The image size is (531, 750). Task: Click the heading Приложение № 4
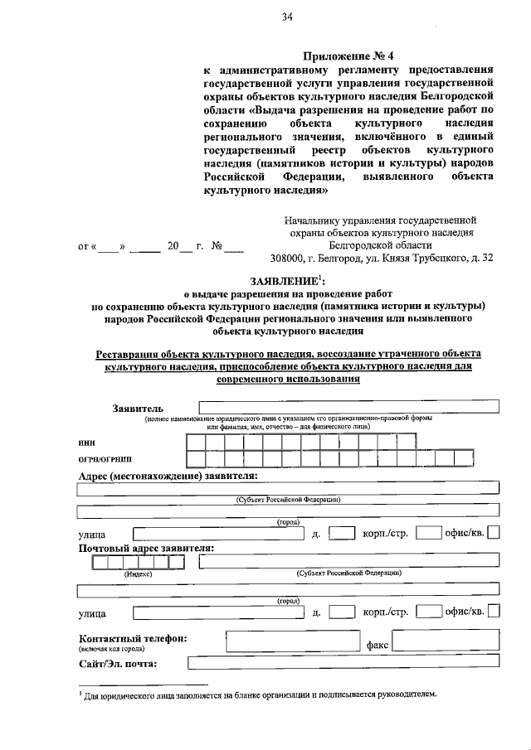point(349,56)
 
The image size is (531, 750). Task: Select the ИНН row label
point(86,443)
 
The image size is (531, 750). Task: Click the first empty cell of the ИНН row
point(196,441)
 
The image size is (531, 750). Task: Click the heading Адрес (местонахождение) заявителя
point(167,476)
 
